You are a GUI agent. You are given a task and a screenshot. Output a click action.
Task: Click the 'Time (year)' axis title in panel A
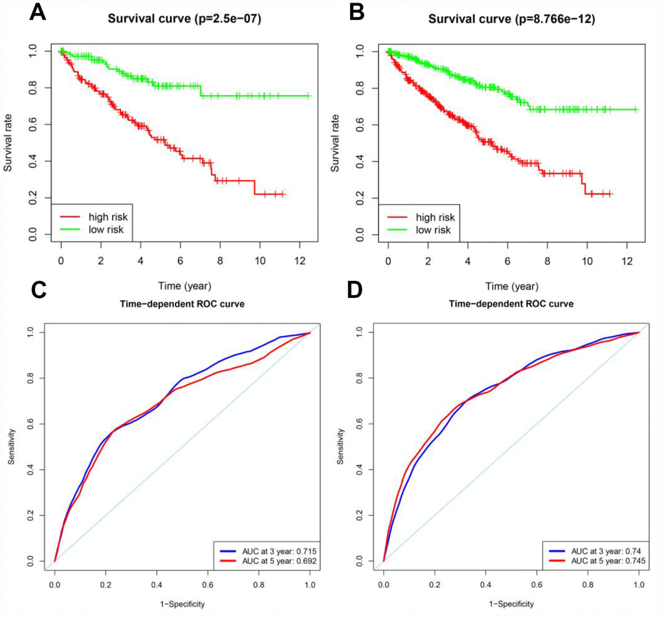[x=185, y=284]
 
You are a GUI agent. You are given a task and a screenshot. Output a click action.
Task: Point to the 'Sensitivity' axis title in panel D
[x=341, y=447]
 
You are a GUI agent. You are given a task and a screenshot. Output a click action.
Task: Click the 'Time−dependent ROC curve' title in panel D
[x=511, y=304]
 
